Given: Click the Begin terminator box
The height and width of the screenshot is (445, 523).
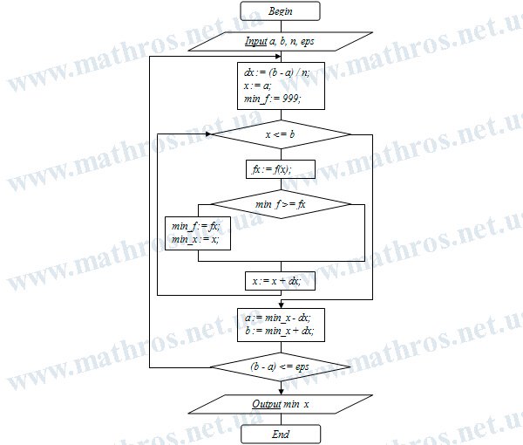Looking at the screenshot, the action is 280,11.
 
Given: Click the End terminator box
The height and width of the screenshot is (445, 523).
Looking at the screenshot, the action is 281,434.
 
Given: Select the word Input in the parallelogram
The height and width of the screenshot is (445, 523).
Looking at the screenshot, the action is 255,41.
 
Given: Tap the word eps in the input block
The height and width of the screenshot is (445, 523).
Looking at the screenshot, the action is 307,41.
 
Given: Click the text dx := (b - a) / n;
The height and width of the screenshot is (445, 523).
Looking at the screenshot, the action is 277,72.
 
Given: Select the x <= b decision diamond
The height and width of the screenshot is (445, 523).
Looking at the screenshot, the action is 281,134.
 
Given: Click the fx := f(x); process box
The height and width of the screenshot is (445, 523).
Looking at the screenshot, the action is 281,169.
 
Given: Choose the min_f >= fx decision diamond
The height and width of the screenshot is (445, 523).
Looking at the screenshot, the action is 281,204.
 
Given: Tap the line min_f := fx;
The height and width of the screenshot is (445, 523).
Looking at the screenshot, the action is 196,227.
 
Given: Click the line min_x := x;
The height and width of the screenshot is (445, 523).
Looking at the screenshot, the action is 195,239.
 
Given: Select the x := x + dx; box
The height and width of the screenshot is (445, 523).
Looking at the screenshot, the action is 280,281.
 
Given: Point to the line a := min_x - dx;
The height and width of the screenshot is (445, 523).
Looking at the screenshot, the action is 277,318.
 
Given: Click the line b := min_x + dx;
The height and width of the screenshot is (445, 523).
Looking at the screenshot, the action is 279,331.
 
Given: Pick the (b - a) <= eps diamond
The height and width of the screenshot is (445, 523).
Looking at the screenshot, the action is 281,366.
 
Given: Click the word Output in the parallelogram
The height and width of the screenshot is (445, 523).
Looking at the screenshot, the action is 267,404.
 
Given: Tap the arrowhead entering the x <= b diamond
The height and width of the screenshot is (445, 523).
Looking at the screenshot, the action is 209,134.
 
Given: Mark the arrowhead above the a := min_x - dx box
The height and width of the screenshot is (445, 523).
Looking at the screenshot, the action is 282,305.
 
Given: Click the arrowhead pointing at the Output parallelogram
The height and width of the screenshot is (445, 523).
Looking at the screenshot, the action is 282,392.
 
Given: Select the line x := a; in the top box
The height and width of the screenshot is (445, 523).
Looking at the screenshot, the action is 257,86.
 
